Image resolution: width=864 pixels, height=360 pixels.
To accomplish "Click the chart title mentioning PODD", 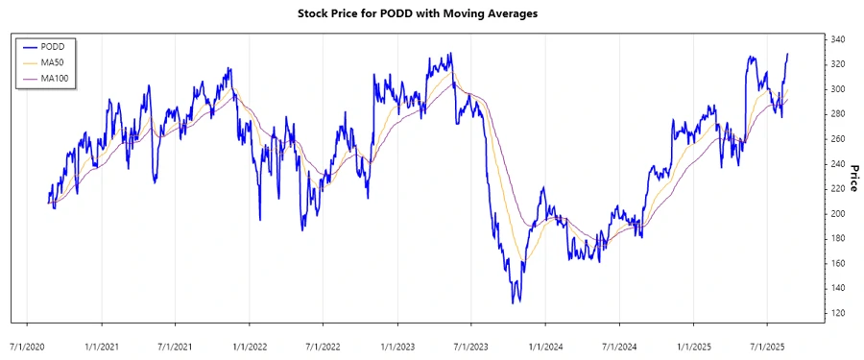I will (431, 14).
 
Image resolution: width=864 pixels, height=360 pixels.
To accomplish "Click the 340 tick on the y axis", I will (838, 39).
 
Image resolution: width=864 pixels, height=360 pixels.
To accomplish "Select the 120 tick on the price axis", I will (838, 313).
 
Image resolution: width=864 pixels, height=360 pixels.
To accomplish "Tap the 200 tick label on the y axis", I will (838, 213).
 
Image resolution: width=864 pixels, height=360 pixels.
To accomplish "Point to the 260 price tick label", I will (838, 138).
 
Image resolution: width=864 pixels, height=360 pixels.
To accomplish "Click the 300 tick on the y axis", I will (838, 89).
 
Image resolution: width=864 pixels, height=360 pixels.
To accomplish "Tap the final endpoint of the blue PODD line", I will (788, 54).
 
